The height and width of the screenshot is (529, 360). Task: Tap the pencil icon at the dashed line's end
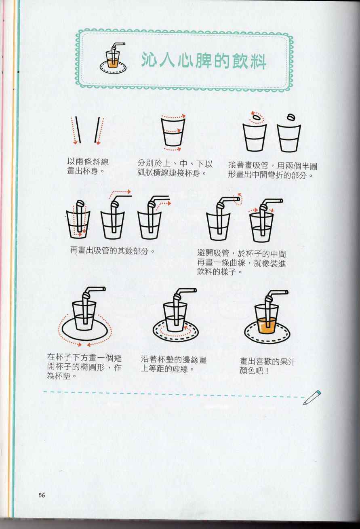tap(312, 398)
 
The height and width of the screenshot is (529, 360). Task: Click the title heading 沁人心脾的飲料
tap(204, 61)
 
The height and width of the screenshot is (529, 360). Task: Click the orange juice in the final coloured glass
tap(267, 325)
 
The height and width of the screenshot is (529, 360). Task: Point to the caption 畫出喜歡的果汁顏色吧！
tap(267, 366)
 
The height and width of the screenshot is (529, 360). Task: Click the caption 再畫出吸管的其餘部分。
tap(112, 251)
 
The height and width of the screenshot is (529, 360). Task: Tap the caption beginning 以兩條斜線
tap(88, 166)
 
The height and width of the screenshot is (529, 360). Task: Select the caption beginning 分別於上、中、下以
tap(175, 168)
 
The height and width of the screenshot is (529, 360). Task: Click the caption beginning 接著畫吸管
tap(273, 170)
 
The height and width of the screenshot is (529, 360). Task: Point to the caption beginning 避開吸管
tap(242, 263)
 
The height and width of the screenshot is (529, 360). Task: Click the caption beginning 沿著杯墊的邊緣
tap(174, 364)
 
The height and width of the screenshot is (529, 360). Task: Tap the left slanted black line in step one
tap(78, 130)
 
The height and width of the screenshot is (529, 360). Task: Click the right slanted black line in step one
tap(97, 130)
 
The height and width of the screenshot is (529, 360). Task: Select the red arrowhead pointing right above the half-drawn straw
tap(129, 192)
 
